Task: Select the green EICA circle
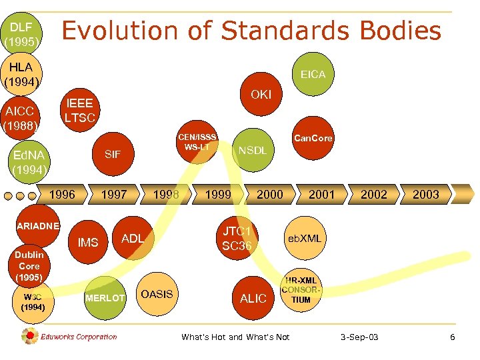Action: [x=313, y=74]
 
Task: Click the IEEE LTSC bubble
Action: [x=79, y=111]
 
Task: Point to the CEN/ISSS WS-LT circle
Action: [x=197, y=141]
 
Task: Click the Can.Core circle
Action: [x=313, y=139]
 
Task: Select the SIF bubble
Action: [x=113, y=154]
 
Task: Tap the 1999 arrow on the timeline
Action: [x=217, y=194]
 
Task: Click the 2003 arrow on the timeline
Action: [x=425, y=194]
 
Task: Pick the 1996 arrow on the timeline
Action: [x=62, y=194]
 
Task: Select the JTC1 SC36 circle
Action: [x=237, y=238]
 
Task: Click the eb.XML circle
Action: [x=304, y=238]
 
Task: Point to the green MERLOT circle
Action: [x=105, y=297]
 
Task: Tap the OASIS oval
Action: [x=157, y=294]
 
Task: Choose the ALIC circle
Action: [x=253, y=298]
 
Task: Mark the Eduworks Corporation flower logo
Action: [x=30, y=337]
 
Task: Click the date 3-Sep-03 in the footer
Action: [x=359, y=337]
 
